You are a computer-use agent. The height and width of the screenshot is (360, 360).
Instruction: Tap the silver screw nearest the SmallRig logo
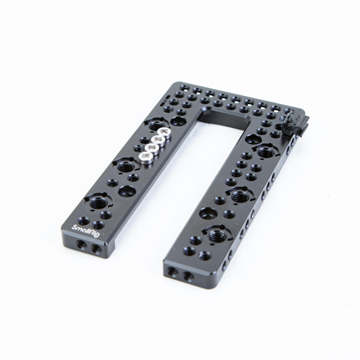[146, 158]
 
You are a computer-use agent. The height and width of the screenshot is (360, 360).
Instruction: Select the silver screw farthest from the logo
[163, 132]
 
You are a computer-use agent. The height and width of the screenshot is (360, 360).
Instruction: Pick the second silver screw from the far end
[158, 140]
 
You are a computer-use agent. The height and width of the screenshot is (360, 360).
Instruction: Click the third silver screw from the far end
[152, 148]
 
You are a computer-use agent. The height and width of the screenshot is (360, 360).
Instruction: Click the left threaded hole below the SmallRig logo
[81, 243]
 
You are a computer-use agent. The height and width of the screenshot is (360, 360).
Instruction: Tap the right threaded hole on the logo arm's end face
[96, 250]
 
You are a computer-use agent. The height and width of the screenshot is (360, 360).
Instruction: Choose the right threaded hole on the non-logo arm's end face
[188, 276]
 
